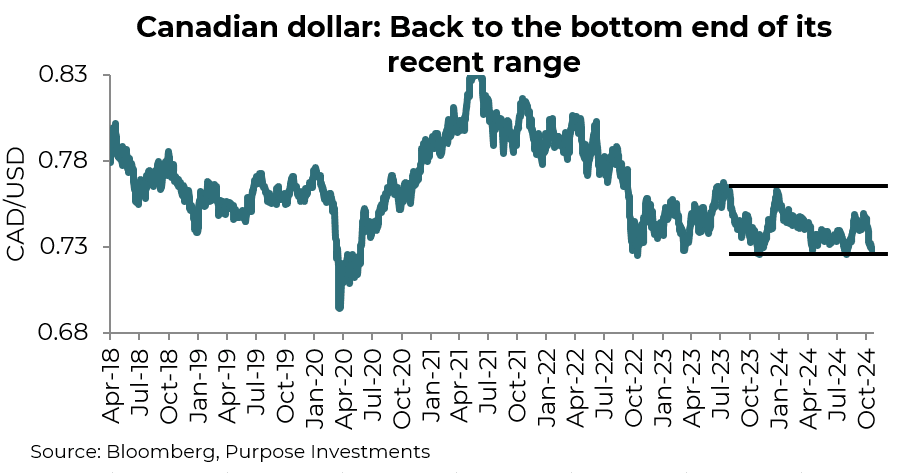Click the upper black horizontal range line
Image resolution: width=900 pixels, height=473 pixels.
click(809, 186)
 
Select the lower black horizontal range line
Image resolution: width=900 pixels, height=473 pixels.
click(809, 254)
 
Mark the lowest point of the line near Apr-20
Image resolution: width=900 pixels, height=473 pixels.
click(339, 307)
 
